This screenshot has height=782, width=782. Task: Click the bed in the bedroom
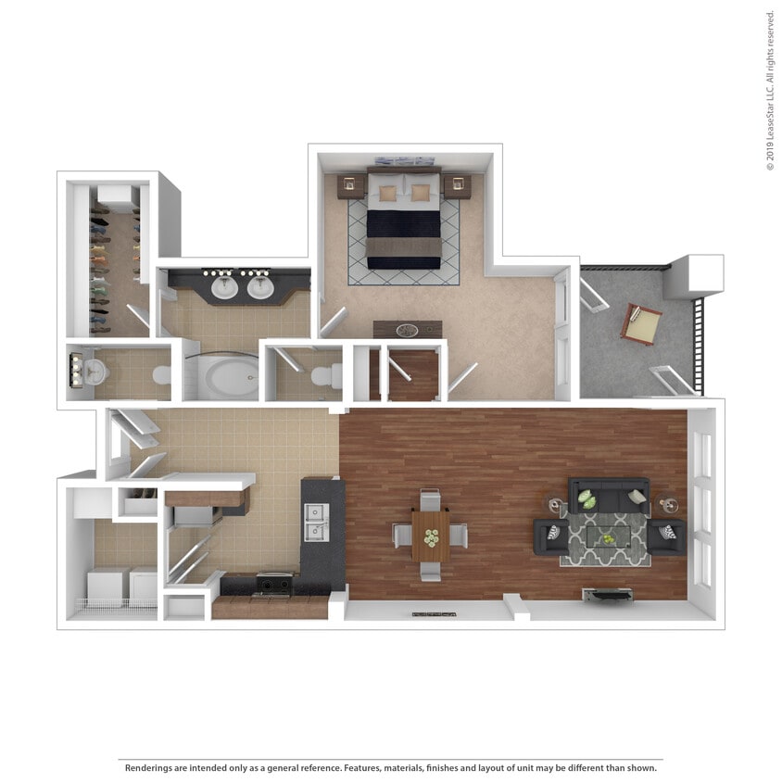pyautogui.click(x=403, y=223)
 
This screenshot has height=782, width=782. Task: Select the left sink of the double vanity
pyautogui.click(x=225, y=287)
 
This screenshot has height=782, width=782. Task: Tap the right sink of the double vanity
pyautogui.click(x=260, y=287)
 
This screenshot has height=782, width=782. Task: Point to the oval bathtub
pyautogui.click(x=229, y=379)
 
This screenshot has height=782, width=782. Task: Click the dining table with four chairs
pyautogui.click(x=430, y=536)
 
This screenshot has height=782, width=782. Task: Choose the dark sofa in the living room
pyautogui.click(x=608, y=497)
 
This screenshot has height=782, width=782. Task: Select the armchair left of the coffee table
pyautogui.click(x=551, y=536)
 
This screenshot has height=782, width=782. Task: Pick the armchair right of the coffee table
pyautogui.click(x=666, y=536)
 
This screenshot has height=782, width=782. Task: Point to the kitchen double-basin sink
pyautogui.click(x=317, y=522)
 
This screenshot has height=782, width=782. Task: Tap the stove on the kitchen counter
pyautogui.click(x=274, y=584)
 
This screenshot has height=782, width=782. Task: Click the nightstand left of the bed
pyautogui.click(x=348, y=186)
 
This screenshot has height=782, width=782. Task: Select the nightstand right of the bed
pyautogui.click(x=457, y=186)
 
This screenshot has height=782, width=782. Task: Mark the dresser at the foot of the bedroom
pyautogui.click(x=408, y=329)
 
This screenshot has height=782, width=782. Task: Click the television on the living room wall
pyautogui.click(x=607, y=593)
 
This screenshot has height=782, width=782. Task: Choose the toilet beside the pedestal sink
pyautogui.click(x=162, y=375)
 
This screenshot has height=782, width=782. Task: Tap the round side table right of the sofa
pyautogui.click(x=669, y=505)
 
